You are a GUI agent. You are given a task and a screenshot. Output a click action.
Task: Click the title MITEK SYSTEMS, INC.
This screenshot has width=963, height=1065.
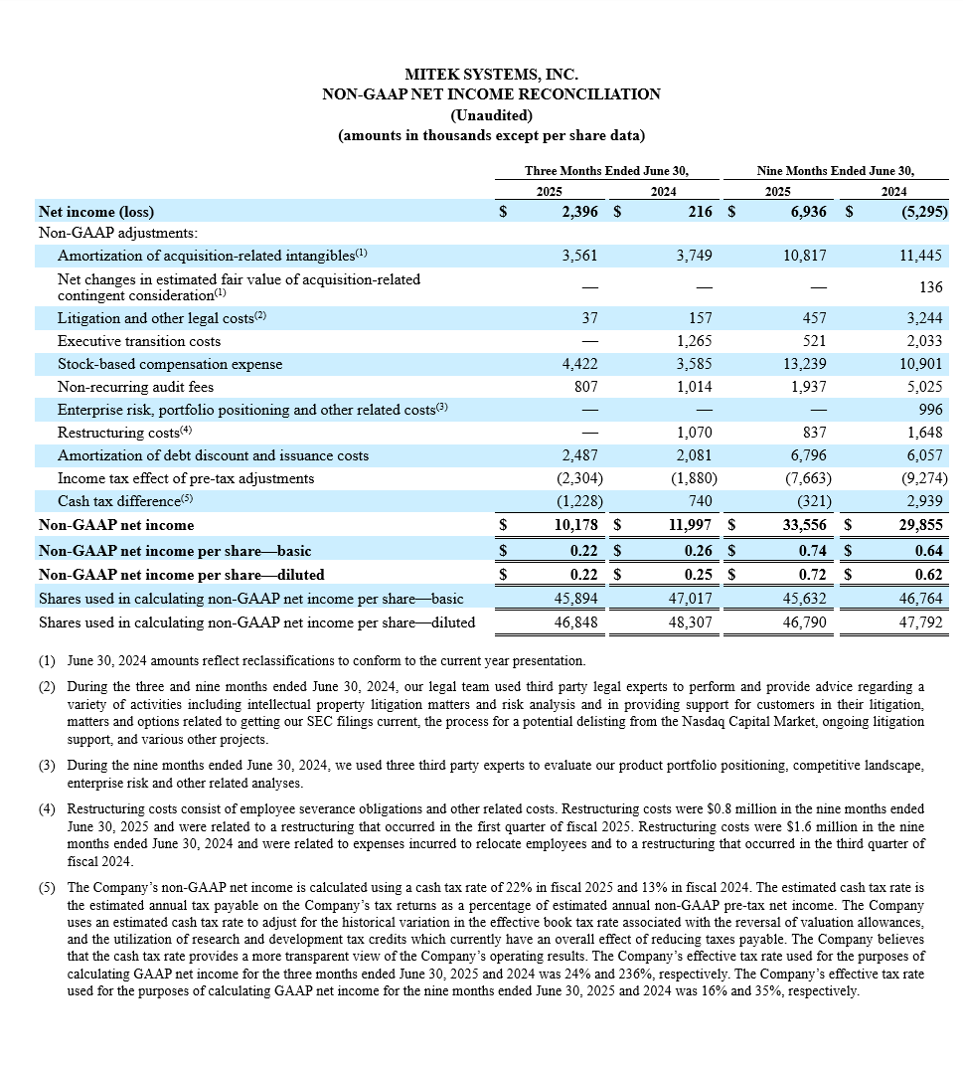[491, 75]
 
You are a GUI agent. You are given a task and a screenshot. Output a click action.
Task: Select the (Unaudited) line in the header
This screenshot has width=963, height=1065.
[491, 114]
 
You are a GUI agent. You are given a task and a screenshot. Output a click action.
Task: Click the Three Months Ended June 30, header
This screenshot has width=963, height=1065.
[606, 170]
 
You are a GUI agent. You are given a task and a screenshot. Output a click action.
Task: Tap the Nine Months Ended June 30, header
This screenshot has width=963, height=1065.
[835, 170]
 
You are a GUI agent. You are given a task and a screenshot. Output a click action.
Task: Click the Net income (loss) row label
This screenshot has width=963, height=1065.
[96, 211]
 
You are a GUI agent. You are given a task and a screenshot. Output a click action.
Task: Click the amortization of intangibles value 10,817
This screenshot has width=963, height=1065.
[805, 255]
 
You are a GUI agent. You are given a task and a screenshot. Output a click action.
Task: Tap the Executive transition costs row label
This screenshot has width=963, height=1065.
[139, 341]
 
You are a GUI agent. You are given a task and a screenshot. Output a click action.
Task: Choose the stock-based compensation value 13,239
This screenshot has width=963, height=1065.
[805, 364]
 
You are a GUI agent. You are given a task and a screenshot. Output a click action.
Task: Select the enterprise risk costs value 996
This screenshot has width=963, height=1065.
[932, 410]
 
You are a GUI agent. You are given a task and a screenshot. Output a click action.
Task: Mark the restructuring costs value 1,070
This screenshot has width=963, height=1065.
[697, 433]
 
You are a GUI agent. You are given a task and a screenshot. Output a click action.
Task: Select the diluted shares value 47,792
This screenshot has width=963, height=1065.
[925, 622]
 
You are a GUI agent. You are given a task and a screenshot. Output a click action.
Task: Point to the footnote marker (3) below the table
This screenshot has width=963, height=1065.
[48, 766]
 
